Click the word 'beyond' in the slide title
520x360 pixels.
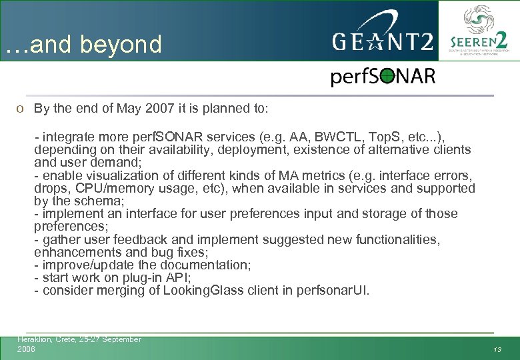point(121,45)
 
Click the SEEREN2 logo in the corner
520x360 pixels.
point(477,31)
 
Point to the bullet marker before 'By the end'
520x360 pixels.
point(21,109)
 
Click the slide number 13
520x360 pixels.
point(497,349)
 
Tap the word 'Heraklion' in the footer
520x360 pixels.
point(33,339)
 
